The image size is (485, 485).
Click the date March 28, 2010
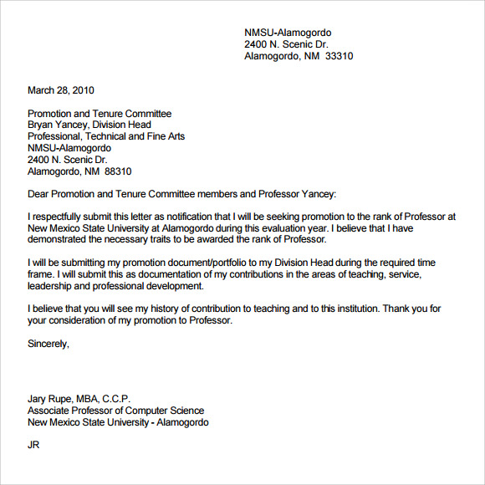61,90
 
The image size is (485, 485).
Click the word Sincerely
48,343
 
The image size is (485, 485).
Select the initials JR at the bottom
34,445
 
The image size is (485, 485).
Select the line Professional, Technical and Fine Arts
106,136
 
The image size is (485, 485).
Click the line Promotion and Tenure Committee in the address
100,114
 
